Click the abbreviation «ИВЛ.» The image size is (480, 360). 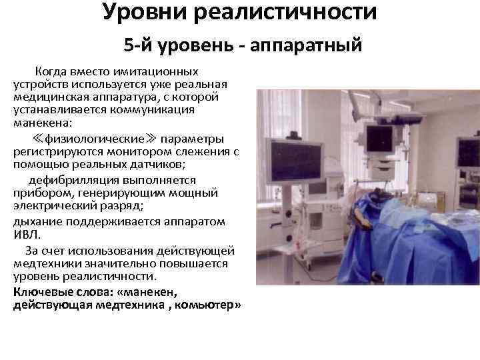tap(27, 234)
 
